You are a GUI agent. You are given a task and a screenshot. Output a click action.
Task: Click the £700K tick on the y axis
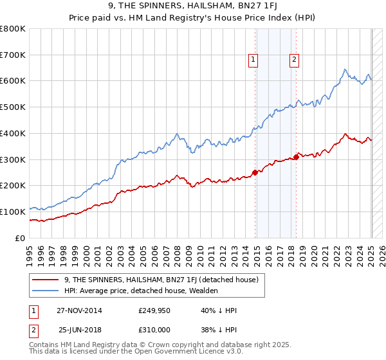(x=13, y=55)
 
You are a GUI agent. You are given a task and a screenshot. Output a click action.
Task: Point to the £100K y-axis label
(x=13, y=212)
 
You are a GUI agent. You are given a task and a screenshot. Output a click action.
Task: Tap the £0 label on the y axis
(x=20, y=238)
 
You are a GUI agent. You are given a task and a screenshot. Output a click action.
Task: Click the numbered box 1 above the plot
(x=253, y=60)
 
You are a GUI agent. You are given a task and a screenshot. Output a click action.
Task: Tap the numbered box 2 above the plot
(x=294, y=60)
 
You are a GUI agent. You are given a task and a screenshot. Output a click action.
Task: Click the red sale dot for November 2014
(x=255, y=172)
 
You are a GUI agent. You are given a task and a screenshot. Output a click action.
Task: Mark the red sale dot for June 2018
(x=296, y=156)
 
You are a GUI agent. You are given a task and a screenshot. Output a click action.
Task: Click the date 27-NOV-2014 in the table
(x=79, y=310)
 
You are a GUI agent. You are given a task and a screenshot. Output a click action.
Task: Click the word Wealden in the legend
(x=204, y=291)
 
